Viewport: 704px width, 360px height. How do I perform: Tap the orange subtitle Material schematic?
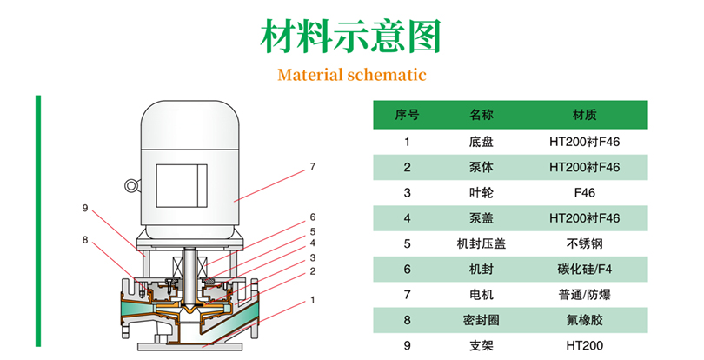pos(352,74)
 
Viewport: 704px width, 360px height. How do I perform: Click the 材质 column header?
pos(584,114)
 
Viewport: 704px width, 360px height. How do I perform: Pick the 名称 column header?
pos(481,114)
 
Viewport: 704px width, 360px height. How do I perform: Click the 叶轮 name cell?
pos(481,192)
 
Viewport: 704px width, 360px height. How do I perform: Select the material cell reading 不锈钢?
pos(584,243)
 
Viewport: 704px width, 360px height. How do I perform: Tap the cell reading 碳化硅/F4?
pos(584,270)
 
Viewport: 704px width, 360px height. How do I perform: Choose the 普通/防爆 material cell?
pos(584,295)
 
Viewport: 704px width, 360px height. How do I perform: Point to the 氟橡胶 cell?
pos(584,321)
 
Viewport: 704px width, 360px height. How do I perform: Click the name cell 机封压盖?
pos(481,243)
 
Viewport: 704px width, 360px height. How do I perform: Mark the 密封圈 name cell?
pos(481,321)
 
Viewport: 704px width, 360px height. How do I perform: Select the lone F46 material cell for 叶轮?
pos(584,192)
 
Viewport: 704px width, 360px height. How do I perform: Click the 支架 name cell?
pos(481,346)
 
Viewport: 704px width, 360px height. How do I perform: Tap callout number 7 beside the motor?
pos(312,165)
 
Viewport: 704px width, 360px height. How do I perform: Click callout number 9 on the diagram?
pos(85,208)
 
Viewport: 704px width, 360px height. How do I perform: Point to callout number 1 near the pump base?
pos(312,301)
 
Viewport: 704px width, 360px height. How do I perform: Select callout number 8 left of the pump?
pos(85,239)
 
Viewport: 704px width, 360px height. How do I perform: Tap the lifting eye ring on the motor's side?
pos(132,185)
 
